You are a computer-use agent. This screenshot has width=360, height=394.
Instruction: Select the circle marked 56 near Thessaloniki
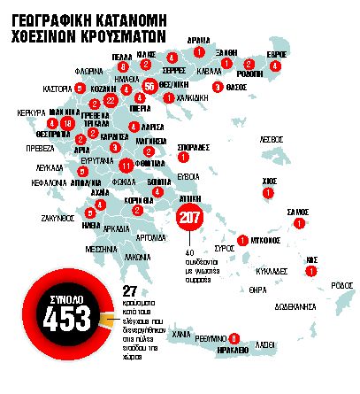click(149, 86)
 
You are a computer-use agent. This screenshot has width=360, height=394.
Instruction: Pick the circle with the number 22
click(111, 101)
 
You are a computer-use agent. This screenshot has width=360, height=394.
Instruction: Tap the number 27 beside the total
click(129, 291)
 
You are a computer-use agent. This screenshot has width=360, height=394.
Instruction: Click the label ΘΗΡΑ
click(257, 290)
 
